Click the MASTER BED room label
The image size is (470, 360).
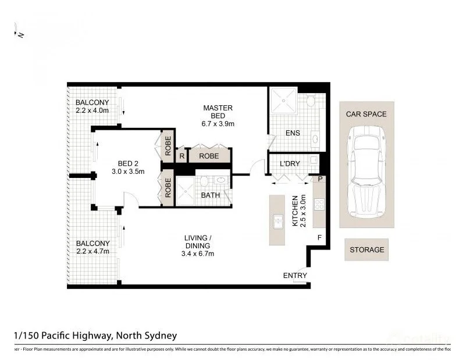pyautogui.click(x=218, y=116)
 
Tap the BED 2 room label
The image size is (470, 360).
pyautogui.click(x=128, y=167)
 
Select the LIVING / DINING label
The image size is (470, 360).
pyautogui.click(x=198, y=245)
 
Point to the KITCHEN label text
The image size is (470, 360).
pyautogui.click(x=297, y=211)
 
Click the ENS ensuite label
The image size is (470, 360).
pyautogui.click(x=293, y=133)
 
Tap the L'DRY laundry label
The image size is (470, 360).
pyautogui.click(x=290, y=164)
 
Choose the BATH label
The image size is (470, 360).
pyautogui.click(x=210, y=195)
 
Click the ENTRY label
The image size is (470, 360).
pyautogui.click(x=294, y=275)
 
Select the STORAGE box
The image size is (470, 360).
pyautogui.click(x=366, y=250)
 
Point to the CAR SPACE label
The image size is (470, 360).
pyautogui.click(x=366, y=114)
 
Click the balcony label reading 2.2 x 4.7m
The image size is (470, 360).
pyautogui.click(x=92, y=247)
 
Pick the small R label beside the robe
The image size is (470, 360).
pyautogui.click(x=181, y=156)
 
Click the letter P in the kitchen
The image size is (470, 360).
pyautogui.click(x=320, y=179)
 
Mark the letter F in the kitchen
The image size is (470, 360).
pyautogui.click(x=318, y=237)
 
